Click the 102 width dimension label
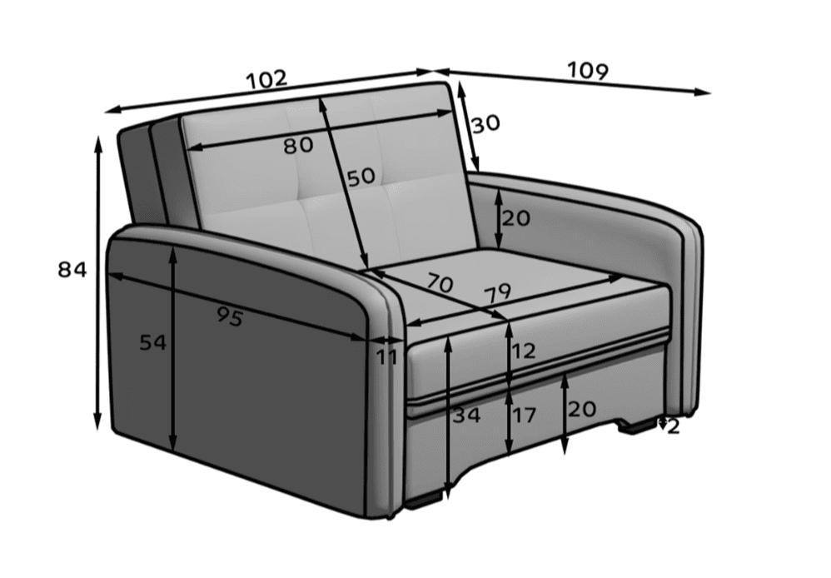[266, 80]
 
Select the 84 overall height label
[72, 270]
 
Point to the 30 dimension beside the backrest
[485, 124]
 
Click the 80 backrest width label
[298, 146]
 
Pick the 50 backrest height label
[361, 177]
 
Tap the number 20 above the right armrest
[515, 218]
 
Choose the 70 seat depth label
[438, 284]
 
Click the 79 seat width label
[496, 293]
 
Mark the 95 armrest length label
[230, 316]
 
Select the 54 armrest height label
[152, 342]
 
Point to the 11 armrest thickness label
[386, 357]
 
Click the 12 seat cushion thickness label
[524, 351]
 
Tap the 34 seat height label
[466, 416]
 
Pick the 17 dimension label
[524, 415]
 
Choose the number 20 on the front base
[582, 409]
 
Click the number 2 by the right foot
[673, 427]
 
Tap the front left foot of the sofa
[424, 501]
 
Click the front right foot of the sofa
[636, 426]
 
